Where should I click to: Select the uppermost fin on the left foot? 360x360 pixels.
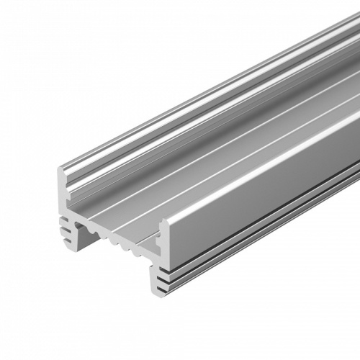pyautogui.click(x=69, y=221)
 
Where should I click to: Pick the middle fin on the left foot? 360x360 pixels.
pyautogui.click(x=69, y=228)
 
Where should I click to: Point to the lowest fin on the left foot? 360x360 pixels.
pyautogui.click(x=69, y=236)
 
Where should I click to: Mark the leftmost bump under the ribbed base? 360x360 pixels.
pyautogui.click(x=91, y=232)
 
